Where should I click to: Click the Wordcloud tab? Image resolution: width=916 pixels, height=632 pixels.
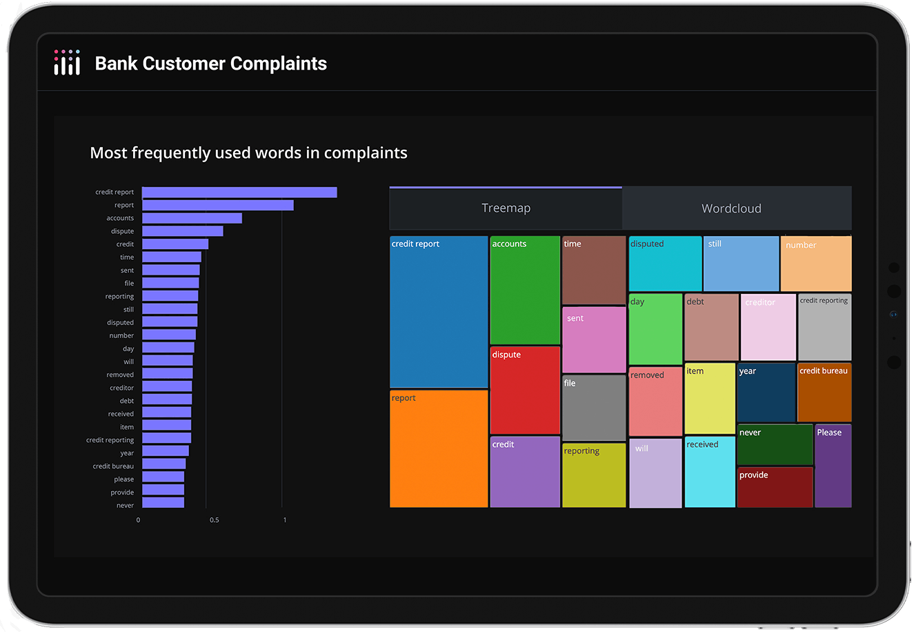point(731,208)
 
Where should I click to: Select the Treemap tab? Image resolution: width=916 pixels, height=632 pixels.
point(506,208)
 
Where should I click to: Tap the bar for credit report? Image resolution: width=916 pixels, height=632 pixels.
point(239,192)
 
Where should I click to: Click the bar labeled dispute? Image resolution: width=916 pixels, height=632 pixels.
point(182,231)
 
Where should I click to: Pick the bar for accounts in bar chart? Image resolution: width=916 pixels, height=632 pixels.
point(192,218)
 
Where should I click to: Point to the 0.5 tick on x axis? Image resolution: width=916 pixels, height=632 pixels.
point(215,520)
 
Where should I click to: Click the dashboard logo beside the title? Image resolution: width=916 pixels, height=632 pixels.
point(67,62)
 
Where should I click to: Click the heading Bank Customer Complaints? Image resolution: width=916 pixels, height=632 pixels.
point(210,63)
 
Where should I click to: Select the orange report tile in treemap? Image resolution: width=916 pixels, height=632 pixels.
point(439,448)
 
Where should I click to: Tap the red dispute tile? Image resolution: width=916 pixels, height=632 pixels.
point(525,391)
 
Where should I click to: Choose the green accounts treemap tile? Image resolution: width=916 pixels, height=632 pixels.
point(525,290)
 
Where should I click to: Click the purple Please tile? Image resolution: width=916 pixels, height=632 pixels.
point(833,466)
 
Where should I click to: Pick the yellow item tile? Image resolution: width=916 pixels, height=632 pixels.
point(710,399)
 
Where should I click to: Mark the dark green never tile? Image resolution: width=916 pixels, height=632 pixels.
point(775,444)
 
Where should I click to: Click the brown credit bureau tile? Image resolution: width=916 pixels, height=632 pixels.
point(824,393)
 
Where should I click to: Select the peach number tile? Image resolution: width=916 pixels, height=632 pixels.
point(816,264)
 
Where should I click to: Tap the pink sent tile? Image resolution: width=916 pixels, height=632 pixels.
point(594,340)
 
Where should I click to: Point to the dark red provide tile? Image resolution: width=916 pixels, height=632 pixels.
point(775,487)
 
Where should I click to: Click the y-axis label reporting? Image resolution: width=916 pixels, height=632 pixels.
point(119,297)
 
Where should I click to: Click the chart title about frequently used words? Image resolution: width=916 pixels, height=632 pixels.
point(248,153)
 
